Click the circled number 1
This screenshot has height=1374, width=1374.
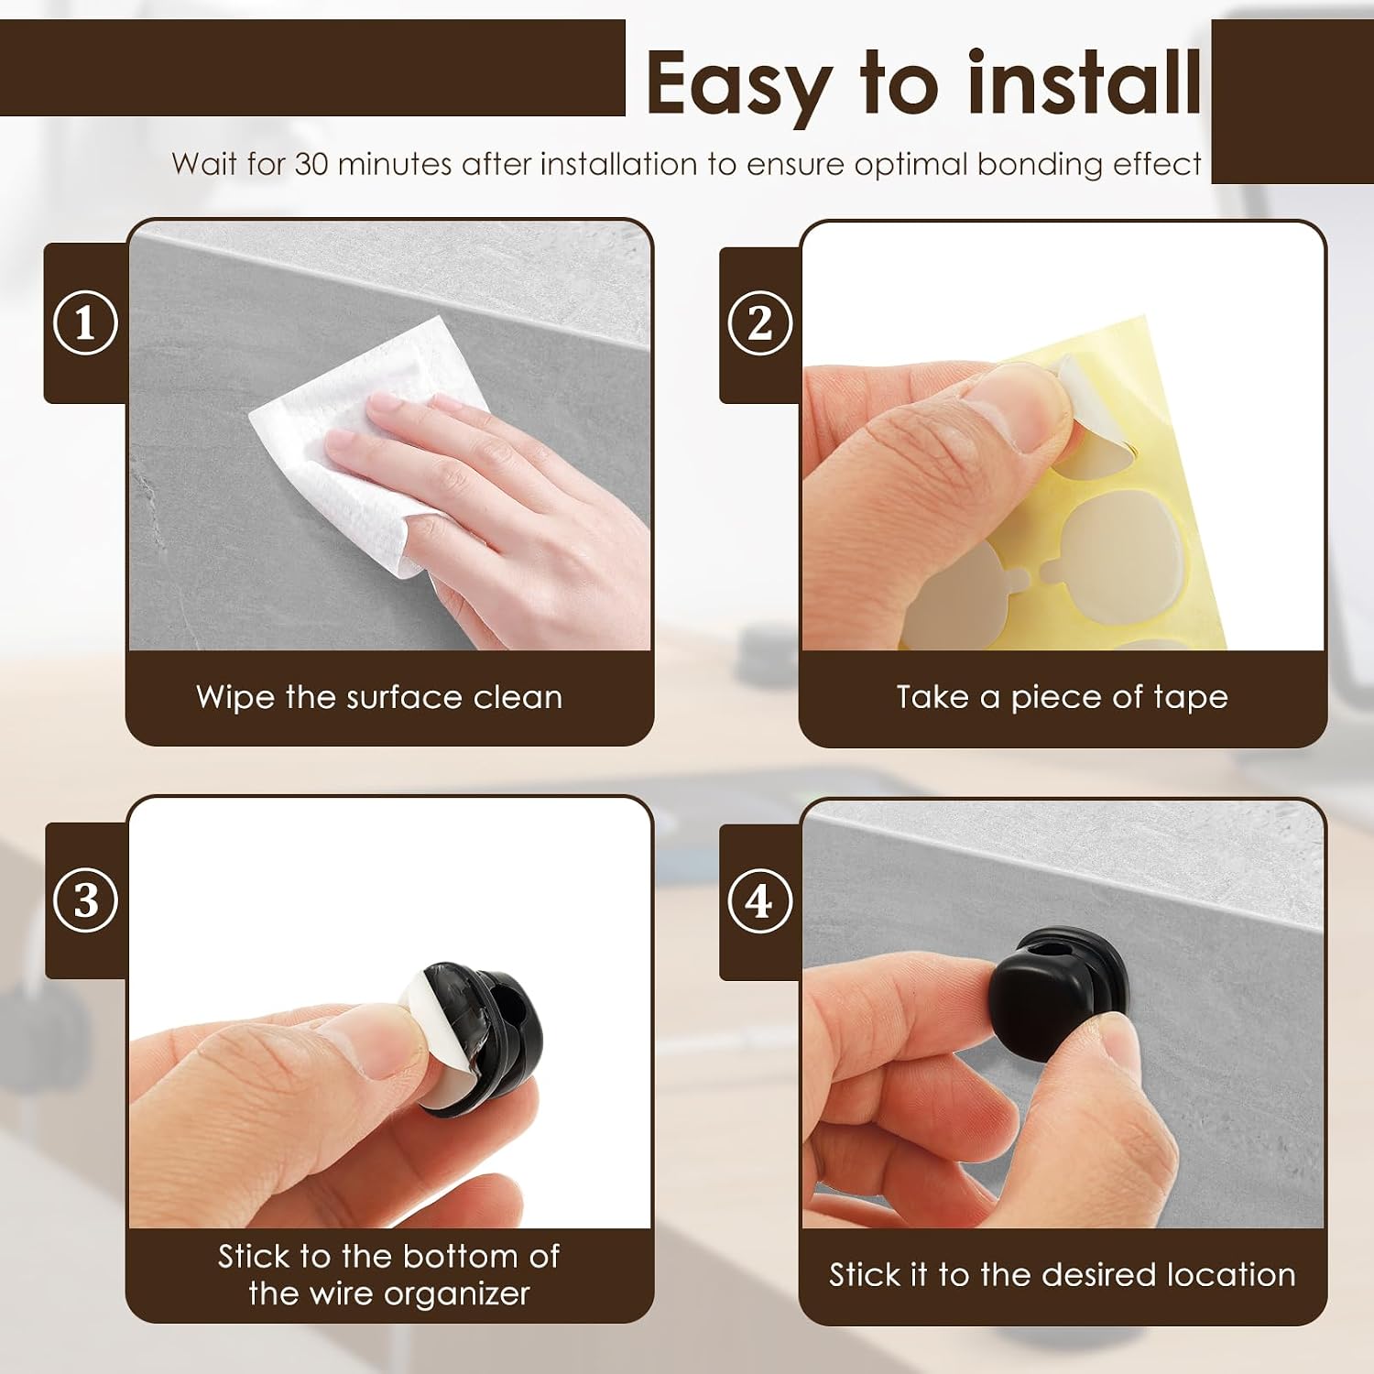[85, 323]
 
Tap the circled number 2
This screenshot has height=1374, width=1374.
[759, 323]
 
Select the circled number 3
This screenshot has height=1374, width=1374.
[85, 900]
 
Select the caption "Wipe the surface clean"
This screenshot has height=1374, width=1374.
[379, 697]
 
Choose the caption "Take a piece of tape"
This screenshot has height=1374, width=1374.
[1062, 698]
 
